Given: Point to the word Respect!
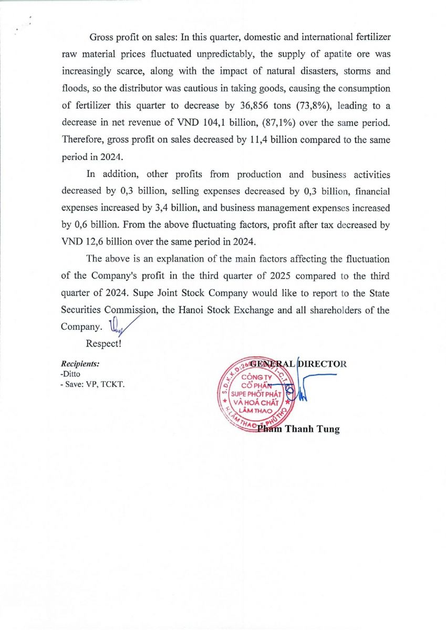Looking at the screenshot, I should (x=104, y=344).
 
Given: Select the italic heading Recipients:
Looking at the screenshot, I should (x=80, y=363).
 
